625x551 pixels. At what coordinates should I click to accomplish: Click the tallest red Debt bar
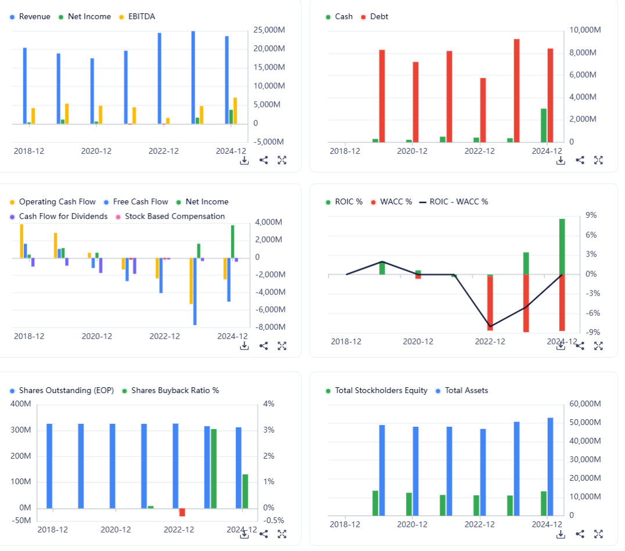click(516, 90)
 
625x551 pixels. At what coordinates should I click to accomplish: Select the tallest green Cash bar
click(544, 125)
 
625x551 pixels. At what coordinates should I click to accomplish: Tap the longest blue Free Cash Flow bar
click(195, 291)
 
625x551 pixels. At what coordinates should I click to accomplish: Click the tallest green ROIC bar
click(562, 246)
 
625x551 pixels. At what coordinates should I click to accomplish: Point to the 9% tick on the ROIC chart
click(591, 215)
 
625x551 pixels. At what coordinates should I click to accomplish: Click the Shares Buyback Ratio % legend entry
click(175, 391)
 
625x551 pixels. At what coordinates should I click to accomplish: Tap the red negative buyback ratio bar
click(182, 512)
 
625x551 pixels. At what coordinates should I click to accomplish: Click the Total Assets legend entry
click(466, 391)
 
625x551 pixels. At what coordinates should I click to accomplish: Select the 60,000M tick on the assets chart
click(584, 404)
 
